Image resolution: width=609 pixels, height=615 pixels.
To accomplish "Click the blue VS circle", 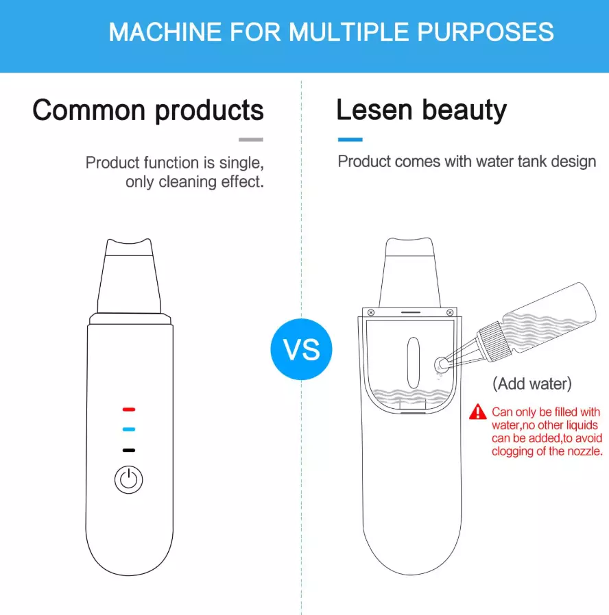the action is tap(301, 349).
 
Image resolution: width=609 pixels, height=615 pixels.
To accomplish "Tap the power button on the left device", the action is tap(128, 479).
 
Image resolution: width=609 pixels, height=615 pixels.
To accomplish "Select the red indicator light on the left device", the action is tap(129, 410).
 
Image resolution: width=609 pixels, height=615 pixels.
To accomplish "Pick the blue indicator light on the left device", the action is tap(129, 429).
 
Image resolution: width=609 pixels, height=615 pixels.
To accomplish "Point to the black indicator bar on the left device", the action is tap(129, 450).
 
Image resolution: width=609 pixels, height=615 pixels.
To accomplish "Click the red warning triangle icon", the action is tap(478, 412).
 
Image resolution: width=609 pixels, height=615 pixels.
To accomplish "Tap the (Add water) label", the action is tap(532, 384).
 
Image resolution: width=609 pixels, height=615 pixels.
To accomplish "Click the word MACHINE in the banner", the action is tap(165, 32).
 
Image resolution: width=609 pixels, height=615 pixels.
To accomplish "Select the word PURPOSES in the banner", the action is tap(486, 32).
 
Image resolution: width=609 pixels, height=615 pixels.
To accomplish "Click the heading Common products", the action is tap(148, 110).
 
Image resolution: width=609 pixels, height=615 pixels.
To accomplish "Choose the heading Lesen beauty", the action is tap(421, 110).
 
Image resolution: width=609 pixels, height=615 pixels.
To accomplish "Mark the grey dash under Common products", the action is tap(251, 140).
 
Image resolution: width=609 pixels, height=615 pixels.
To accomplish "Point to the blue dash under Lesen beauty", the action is tap(350, 140).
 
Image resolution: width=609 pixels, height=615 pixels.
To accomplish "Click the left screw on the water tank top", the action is tap(371, 312).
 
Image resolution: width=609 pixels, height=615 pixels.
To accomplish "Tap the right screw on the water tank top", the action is tap(450, 312).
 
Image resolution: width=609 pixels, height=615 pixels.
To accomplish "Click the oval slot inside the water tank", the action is tap(414, 363).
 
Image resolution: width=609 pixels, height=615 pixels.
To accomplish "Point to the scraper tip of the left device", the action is tap(129, 247).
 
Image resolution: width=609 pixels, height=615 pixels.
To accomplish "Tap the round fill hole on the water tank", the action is tap(442, 364).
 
